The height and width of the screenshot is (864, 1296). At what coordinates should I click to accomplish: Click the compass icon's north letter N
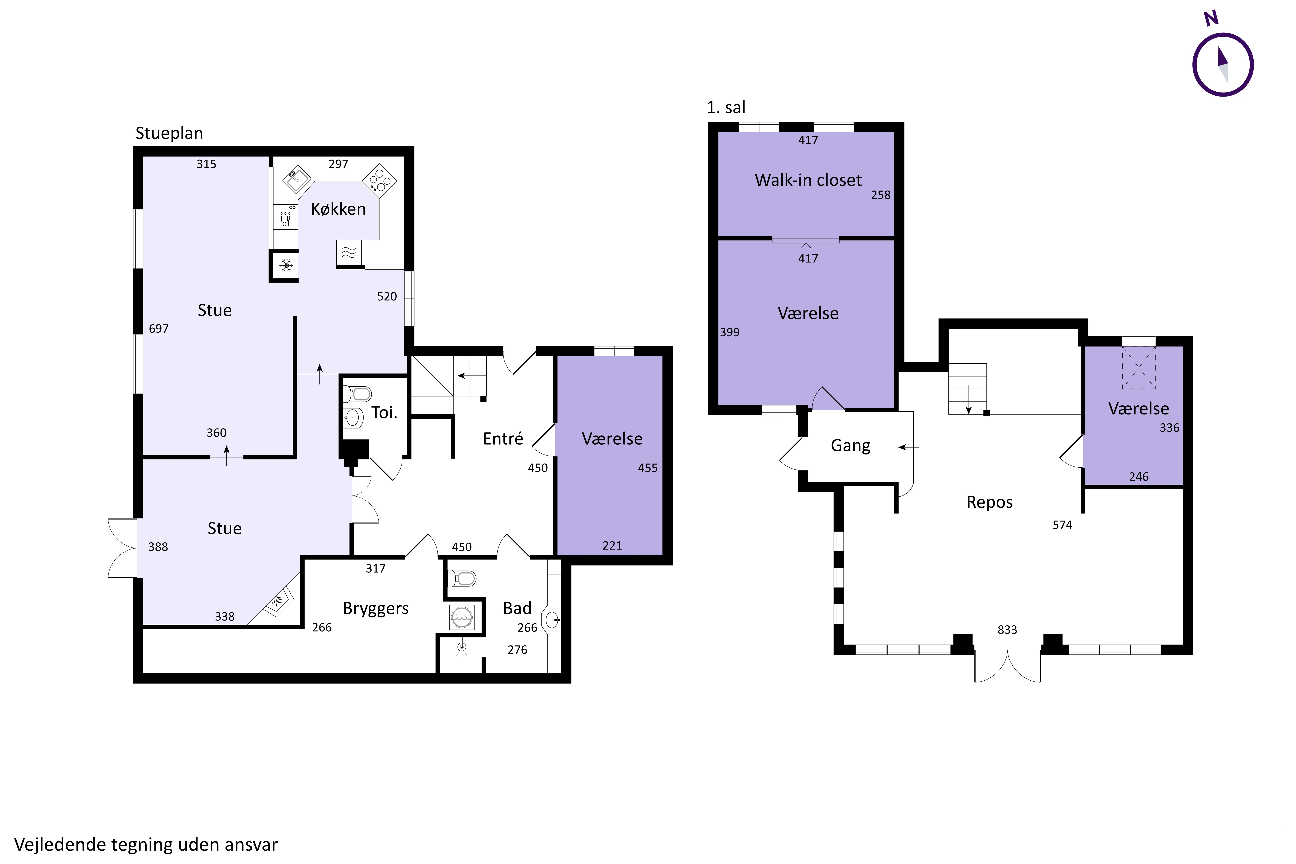pyautogui.click(x=1211, y=18)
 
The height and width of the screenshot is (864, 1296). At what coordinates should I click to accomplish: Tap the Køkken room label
pyautogui.click(x=338, y=209)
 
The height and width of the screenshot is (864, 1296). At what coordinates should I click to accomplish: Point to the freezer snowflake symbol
pyautogui.click(x=285, y=266)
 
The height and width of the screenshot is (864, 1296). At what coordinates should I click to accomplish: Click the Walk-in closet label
pyautogui.click(x=808, y=180)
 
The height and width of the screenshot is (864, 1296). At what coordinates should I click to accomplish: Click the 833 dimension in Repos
pyautogui.click(x=1007, y=630)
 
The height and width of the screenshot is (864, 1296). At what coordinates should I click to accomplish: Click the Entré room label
pyautogui.click(x=503, y=439)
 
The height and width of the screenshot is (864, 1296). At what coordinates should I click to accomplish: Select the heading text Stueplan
pyautogui.click(x=169, y=133)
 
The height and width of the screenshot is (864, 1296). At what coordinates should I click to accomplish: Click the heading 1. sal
pyautogui.click(x=726, y=107)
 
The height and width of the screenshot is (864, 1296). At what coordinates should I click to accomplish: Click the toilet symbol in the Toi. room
pyautogui.click(x=358, y=394)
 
